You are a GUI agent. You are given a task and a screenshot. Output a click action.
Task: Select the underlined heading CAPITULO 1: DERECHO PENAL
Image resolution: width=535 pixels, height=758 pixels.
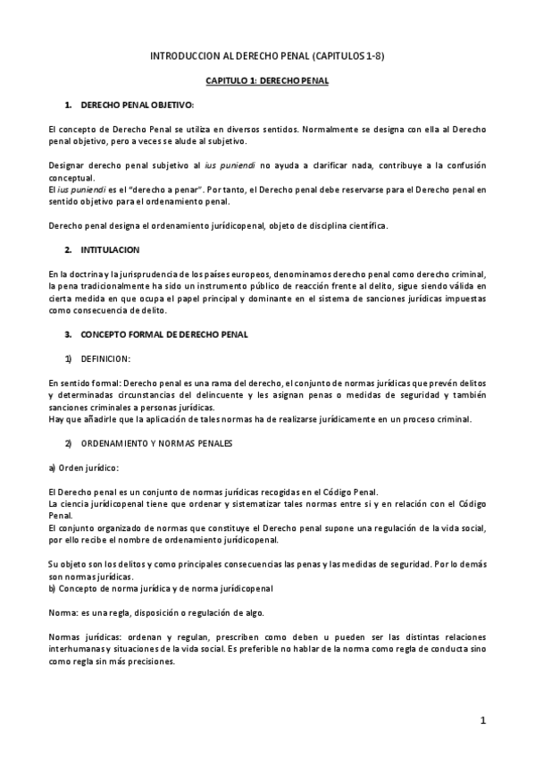[267, 81]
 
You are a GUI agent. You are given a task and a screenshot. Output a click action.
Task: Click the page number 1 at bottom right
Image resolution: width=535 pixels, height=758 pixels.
[482, 720]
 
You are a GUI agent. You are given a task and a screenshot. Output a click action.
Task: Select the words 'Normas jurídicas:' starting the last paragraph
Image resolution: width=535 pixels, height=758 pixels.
[78, 636]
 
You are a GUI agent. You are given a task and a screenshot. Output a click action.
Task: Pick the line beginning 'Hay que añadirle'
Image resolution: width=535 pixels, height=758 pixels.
[258, 419]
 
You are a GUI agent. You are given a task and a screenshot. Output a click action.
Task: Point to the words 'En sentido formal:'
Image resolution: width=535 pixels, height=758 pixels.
[79, 383]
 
